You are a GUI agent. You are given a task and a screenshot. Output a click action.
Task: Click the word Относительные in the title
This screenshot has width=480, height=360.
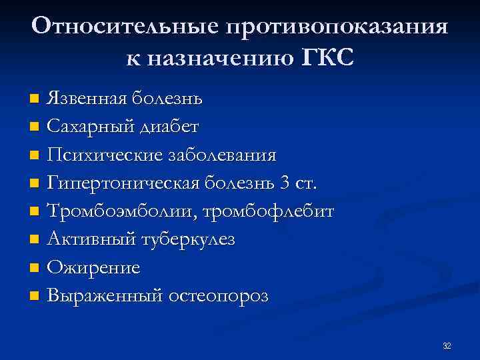(125, 27)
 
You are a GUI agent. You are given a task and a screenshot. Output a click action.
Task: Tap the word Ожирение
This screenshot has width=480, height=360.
(93, 267)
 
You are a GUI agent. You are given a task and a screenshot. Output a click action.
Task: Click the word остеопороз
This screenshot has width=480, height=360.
(216, 296)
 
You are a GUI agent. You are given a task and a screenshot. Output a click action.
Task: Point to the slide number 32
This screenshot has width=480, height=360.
(447, 346)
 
